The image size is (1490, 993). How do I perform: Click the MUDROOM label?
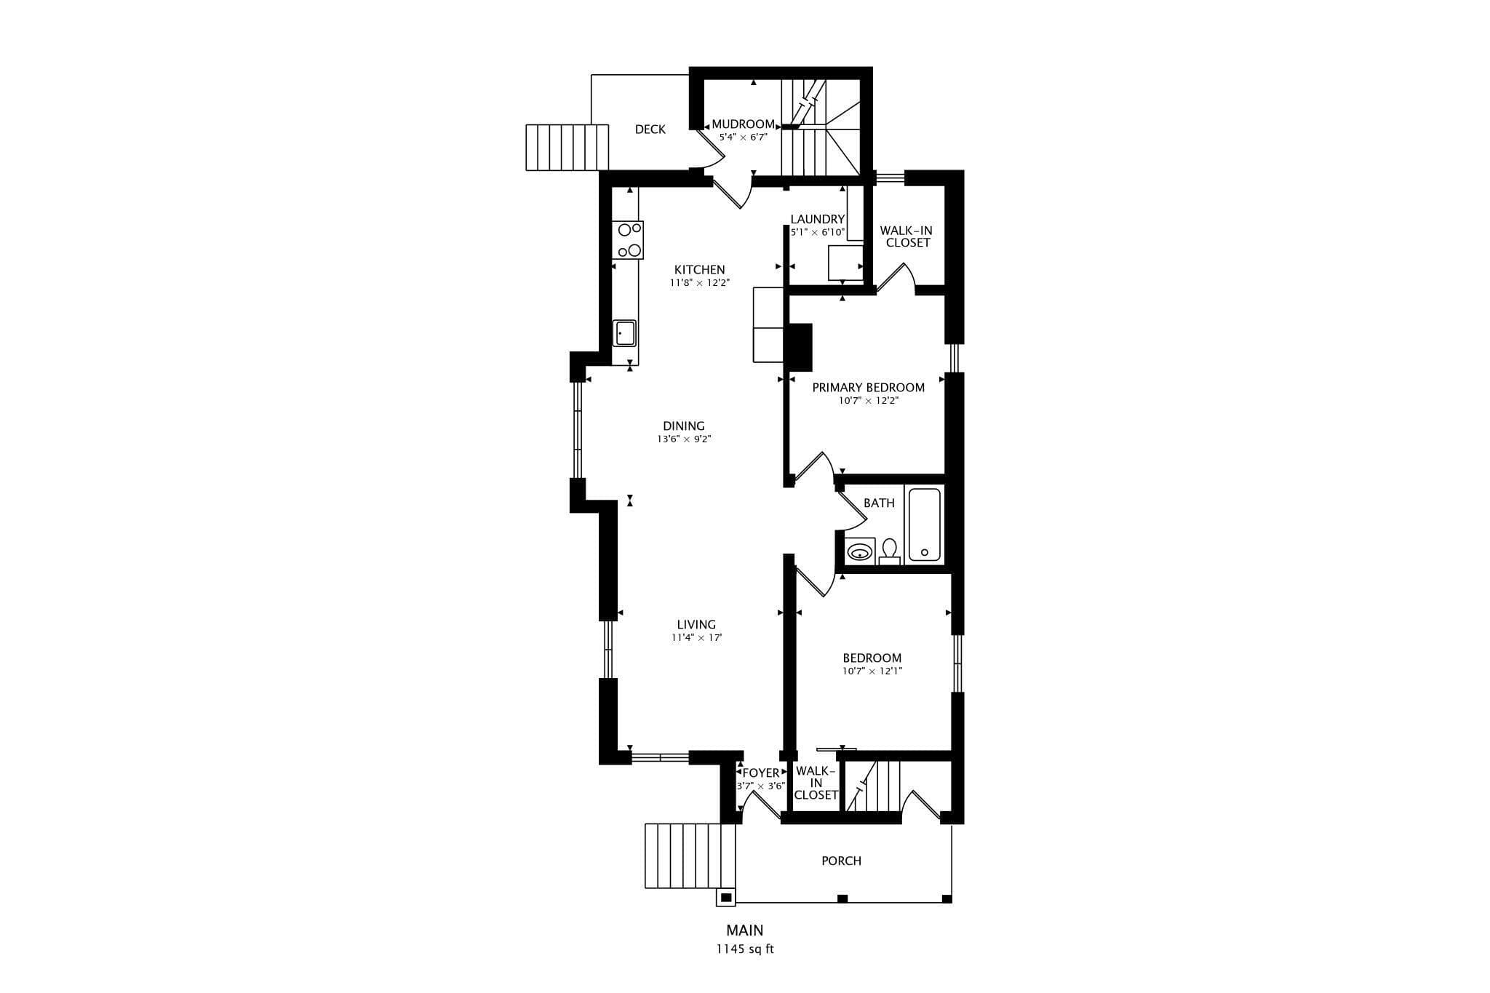[743, 124]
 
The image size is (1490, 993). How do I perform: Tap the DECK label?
[650, 129]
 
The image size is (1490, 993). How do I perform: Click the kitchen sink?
[624, 334]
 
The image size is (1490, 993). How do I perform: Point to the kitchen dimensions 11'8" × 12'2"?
[699, 283]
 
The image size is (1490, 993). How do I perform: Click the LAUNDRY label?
[818, 219]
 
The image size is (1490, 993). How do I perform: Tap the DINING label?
[684, 426]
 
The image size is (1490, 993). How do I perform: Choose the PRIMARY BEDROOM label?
[869, 388]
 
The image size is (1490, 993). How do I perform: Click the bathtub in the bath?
[925, 525]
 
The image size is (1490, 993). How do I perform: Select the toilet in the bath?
[890, 551]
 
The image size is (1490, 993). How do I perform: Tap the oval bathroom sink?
[860, 551]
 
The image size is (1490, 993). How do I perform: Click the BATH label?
[879, 503]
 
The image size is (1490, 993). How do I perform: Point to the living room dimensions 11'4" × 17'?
[696, 638]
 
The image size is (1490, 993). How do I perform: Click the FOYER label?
[761, 773]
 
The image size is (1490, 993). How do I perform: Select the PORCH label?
[842, 861]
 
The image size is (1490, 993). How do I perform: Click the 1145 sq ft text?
[744, 949]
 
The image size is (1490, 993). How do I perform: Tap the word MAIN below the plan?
[745, 930]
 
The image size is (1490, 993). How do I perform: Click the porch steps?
[690, 856]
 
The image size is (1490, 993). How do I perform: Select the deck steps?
[567, 147]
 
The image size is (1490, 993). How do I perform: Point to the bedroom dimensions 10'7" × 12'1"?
[872, 671]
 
